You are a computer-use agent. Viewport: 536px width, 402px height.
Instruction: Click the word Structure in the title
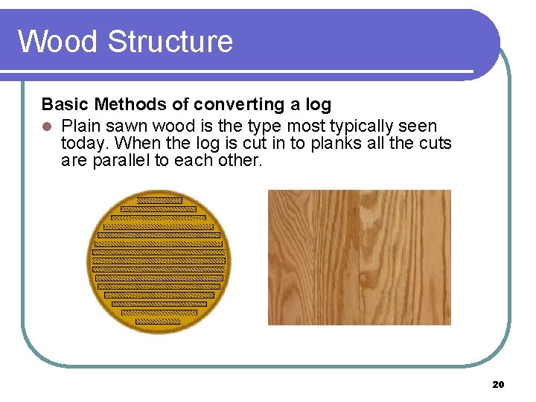pos(170,41)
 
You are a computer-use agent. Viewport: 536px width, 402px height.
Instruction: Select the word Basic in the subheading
pos(66,104)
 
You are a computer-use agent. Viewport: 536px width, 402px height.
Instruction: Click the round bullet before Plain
pos(46,126)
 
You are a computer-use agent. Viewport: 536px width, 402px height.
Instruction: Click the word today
pos(86,143)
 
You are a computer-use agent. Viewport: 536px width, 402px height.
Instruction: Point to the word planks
pos(336,143)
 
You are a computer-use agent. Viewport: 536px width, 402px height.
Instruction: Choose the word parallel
pos(121,160)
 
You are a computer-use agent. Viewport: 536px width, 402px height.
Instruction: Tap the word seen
pos(417,126)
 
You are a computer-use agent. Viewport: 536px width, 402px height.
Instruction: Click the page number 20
pos(498,384)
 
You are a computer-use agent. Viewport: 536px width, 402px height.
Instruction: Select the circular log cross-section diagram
pos(159,261)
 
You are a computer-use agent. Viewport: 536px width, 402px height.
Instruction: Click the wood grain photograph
pos(359,257)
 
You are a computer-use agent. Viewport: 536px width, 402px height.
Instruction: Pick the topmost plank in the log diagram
pos(159,200)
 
